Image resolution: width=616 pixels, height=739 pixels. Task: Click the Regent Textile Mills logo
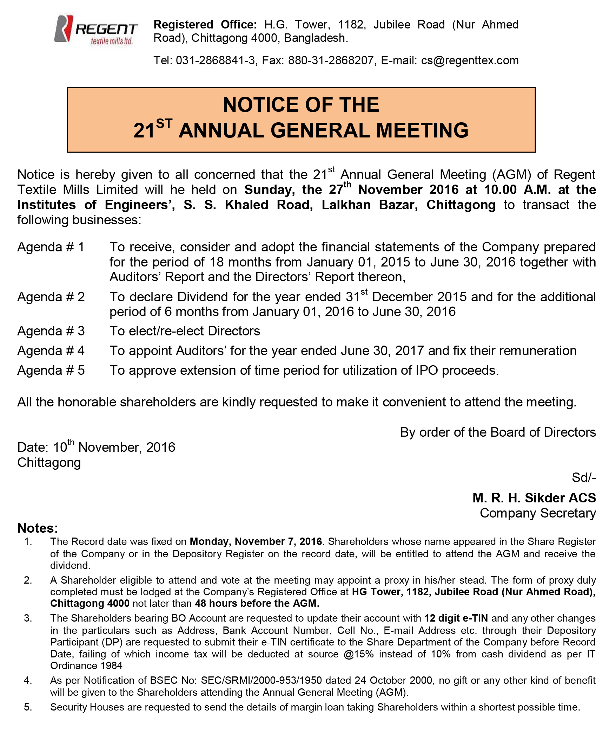(x=96, y=32)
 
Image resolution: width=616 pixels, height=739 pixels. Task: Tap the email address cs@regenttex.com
(x=470, y=60)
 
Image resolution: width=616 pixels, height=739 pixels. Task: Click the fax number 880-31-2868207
(x=331, y=60)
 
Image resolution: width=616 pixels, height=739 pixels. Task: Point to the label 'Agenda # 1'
(x=51, y=247)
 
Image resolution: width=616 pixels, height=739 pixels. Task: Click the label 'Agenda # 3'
(x=51, y=331)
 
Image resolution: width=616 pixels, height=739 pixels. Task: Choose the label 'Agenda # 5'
(x=51, y=370)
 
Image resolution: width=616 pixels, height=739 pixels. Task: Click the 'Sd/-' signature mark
(x=584, y=477)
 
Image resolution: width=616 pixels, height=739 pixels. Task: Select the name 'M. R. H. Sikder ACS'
(x=534, y=497)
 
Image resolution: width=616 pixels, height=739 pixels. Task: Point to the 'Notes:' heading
(x=38, y=528)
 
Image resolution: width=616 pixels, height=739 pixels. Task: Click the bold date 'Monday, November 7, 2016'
(x=256, y=541)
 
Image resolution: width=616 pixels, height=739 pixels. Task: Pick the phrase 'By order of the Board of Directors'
(x=498, y=432)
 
